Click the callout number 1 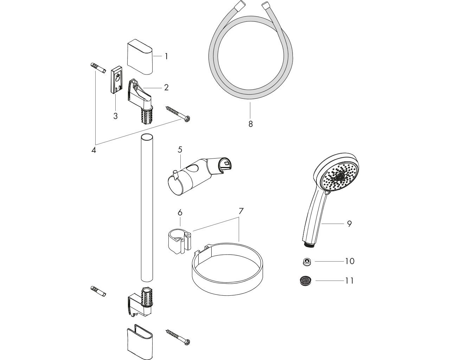point(166,56)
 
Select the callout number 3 point(115,116)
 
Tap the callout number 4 point(94,149)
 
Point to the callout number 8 point(250,124)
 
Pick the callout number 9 point(349,224)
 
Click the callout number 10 point(349,261)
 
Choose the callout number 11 point(349,281)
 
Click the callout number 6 point(180,213)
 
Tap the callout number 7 point(241,211)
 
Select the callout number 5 point(180,149)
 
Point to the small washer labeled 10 point(308,261)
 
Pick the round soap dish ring point(227,267)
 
